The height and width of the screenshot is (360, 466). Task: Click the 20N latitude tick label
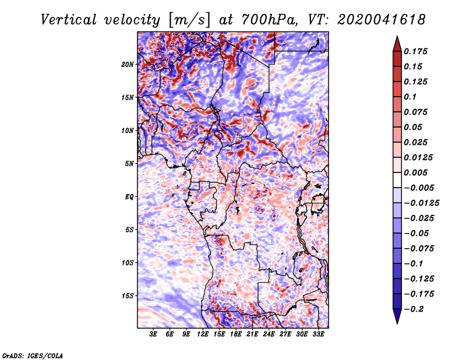click(128, 64)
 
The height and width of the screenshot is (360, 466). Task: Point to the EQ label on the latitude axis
click(129, 196)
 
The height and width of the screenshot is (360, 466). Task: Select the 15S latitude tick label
click(128, 295)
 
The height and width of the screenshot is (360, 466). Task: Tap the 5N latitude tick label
click(129, 163)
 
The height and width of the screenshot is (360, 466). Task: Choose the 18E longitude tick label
click(236, 334)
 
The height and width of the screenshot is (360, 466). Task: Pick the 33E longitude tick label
click(319, 334)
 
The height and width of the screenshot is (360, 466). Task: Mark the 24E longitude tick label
click(269, 334)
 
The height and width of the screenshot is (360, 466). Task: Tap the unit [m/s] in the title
click(188, 20)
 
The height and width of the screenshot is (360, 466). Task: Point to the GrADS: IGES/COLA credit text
click(33, 355)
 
